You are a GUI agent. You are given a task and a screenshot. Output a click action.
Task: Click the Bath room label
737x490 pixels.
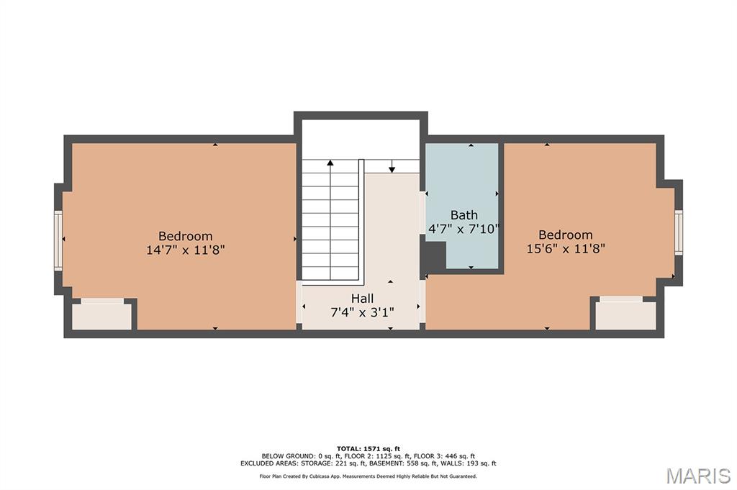coord(464,215)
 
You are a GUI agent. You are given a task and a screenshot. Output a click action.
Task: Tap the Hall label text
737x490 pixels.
coord(363,299)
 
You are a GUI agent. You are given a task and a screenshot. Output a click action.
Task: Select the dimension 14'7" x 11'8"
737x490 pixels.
coord(185,250)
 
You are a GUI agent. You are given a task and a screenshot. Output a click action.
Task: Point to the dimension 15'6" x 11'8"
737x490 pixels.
coord(566,248)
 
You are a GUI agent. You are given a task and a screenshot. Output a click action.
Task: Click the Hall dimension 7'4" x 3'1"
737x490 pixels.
coord(363,312)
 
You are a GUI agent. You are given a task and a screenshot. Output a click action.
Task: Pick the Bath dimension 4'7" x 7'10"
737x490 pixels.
coord(464,230)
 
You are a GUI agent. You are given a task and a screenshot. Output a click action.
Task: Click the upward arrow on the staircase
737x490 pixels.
coord(330,220)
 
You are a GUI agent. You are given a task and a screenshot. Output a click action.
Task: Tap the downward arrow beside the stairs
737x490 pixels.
coord(392,166)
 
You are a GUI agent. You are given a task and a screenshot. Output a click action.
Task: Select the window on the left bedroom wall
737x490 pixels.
coord(58,240)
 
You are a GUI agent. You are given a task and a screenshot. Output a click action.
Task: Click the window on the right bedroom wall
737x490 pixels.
coord(679,232)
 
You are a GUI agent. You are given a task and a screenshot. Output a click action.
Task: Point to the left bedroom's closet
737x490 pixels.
coord(102,314)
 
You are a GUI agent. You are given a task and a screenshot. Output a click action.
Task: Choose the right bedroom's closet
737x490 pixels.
coord(625,314)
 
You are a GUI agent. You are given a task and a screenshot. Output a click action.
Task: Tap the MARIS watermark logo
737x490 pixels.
coord(698,476)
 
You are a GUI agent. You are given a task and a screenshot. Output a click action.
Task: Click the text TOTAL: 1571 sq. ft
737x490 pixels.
coord(368,449)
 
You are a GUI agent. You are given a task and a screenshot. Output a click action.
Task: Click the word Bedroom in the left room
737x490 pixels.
coord(185,236)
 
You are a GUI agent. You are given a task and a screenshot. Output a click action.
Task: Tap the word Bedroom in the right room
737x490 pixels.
coord(566,235)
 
